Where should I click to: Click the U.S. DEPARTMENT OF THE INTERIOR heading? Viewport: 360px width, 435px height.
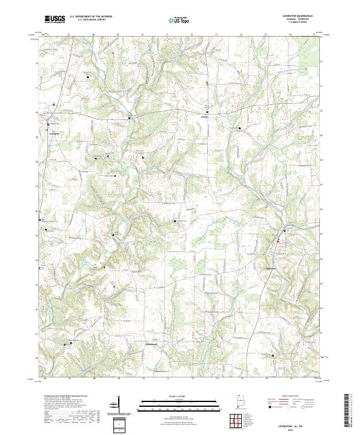point(91,17)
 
